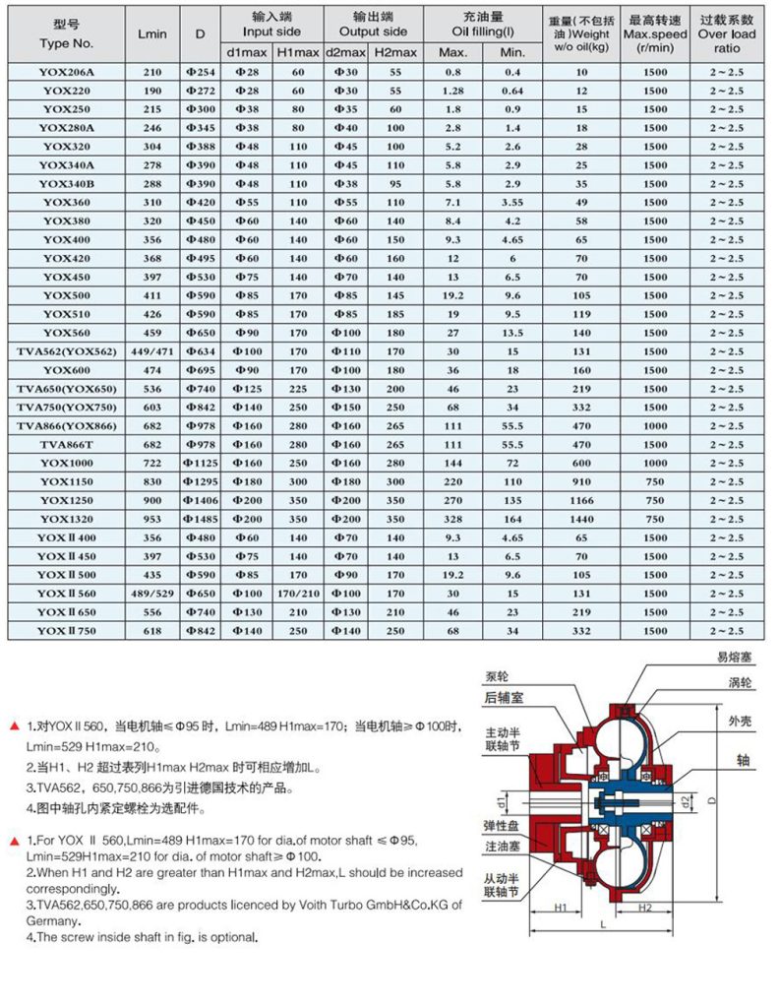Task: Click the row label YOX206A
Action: [x=66, y=73]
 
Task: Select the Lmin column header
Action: [x=152, y=33]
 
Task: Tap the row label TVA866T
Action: [x=66, y=444]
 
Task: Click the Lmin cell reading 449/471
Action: [x=152, y=351]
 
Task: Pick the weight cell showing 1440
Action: [x=581, y=518]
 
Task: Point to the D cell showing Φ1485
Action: [x=200, y=518]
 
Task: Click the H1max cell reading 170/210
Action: [x=298, y=593]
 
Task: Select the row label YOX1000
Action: [x=66, y=463]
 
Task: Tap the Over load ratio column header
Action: [x=727, y=33]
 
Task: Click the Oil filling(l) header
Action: [x=482, y=25]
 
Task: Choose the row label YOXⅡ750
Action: [x=66, y=630]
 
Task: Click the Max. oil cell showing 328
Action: [x=452, y=518]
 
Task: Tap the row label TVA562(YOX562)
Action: [x=66, y=351]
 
